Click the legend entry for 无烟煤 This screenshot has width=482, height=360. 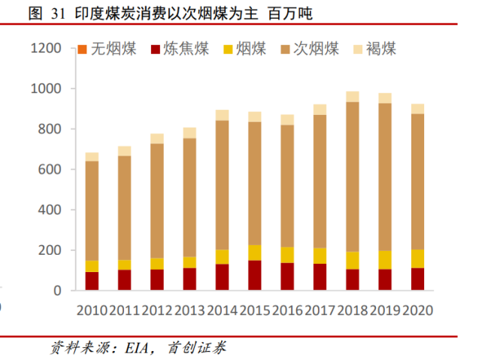coord(109,50)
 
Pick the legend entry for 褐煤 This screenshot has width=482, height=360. coord(374,50)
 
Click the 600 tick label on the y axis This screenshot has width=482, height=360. coord(50,170)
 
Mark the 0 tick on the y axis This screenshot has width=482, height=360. coord(59,291)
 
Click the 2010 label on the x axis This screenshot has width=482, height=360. coord(92,310)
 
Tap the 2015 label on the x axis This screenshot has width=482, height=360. coord(254,310)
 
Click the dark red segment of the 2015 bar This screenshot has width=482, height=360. coord(254,275)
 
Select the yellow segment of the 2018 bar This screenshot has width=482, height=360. coord(352,260)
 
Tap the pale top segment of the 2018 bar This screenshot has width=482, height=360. coord(352,96)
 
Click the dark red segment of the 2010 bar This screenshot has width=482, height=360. coord(92,281)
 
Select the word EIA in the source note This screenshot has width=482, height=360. coord(134,348)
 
